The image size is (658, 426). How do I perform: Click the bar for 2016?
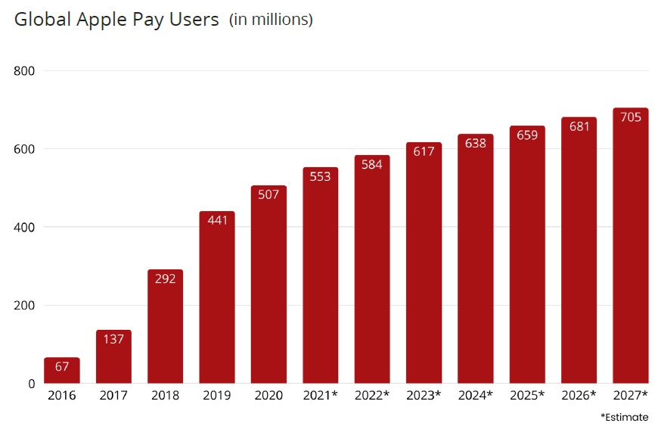[62, 371]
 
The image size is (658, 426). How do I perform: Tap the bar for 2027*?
[630, 246]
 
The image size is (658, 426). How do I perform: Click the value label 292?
[165, 278]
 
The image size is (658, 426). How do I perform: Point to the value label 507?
[268, 194]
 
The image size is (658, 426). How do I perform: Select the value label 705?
[630, 117]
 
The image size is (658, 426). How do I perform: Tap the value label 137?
[113, 339]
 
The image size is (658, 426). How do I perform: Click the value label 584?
[372, 164]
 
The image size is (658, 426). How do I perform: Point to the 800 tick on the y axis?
[26, 71]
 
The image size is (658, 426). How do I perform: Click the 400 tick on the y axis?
[26, 227]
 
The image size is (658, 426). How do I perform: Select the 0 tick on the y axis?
[32, 384]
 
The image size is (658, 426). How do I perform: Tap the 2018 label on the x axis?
[165, 396]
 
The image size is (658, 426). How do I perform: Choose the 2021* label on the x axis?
[320, 396]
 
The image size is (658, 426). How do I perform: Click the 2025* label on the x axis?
[527, 396]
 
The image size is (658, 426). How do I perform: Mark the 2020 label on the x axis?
[268, 396]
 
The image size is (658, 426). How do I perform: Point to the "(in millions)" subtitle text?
[271, 20]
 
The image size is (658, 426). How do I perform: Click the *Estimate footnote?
[625, 417]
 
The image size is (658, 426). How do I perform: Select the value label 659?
[527, 135]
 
